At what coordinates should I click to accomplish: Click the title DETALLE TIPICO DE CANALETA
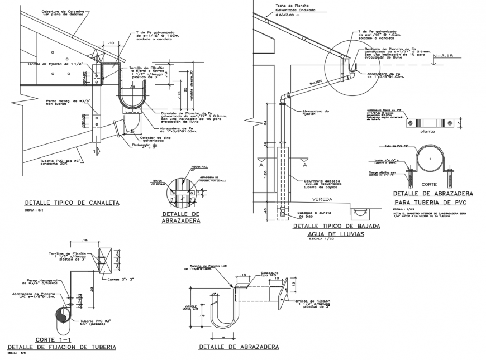point(72,203)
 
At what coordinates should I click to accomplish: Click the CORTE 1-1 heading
point(53,339)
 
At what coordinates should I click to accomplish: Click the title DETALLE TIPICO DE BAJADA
point(336,227)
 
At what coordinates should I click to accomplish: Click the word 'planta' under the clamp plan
point(429,132)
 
